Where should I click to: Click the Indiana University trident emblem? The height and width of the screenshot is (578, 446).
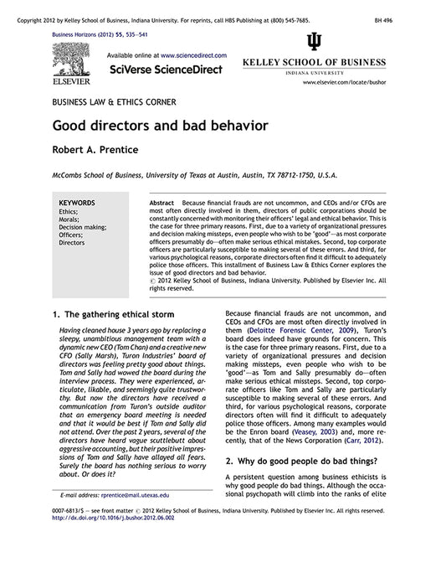[x=313, y=43]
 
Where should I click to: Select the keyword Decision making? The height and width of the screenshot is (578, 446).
[x=82, y=227]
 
